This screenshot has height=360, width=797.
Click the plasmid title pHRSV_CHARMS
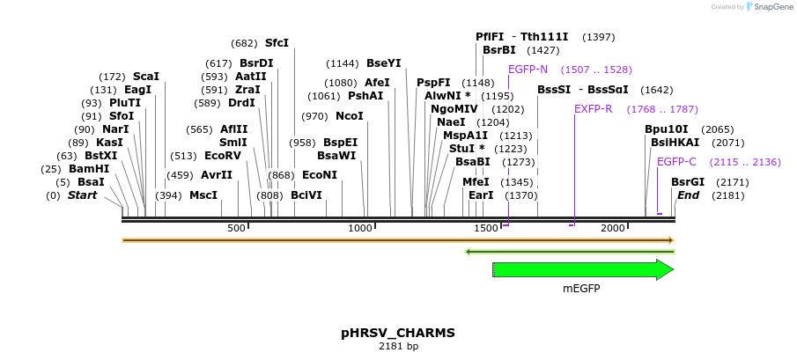(x=398, y=333)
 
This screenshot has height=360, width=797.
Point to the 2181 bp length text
(x=398, y=347)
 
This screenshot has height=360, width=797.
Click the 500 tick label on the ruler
(x=236, y=228)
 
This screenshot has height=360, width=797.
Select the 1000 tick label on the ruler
(x=361, y=228)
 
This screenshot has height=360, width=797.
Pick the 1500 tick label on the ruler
(x=486, y=228)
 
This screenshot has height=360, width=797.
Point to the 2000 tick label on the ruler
(x=612, y=228)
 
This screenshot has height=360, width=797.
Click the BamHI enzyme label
(x=89, y=168)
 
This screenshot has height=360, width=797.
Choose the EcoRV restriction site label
(x=222, y=155)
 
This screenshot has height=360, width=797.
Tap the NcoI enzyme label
(x=350, y=116)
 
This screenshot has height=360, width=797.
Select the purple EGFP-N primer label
(x=528, y=70)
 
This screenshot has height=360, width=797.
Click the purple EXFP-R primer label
(x=593, y=109)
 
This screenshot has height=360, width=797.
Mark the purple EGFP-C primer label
(x=676, y=162)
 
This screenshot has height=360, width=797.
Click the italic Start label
(x=82, y=195)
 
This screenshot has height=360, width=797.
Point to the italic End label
(x=688, y=195)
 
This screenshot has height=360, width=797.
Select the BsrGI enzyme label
(x=688, y=182)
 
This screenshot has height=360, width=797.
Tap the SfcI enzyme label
(x=277, y=43)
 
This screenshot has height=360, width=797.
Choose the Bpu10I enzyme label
(x=665, y=129)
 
